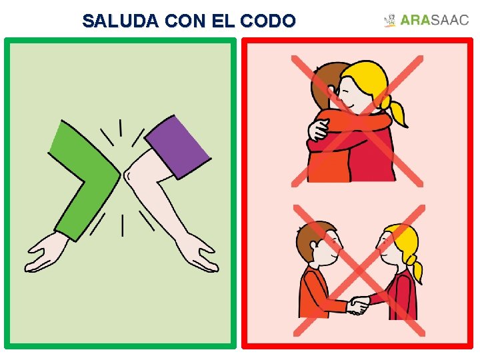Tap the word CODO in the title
[x=269, y=21]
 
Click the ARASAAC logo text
[x=435, y=21]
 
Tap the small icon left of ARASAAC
[x=390, y=21]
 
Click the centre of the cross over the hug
[x=357, y=121]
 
